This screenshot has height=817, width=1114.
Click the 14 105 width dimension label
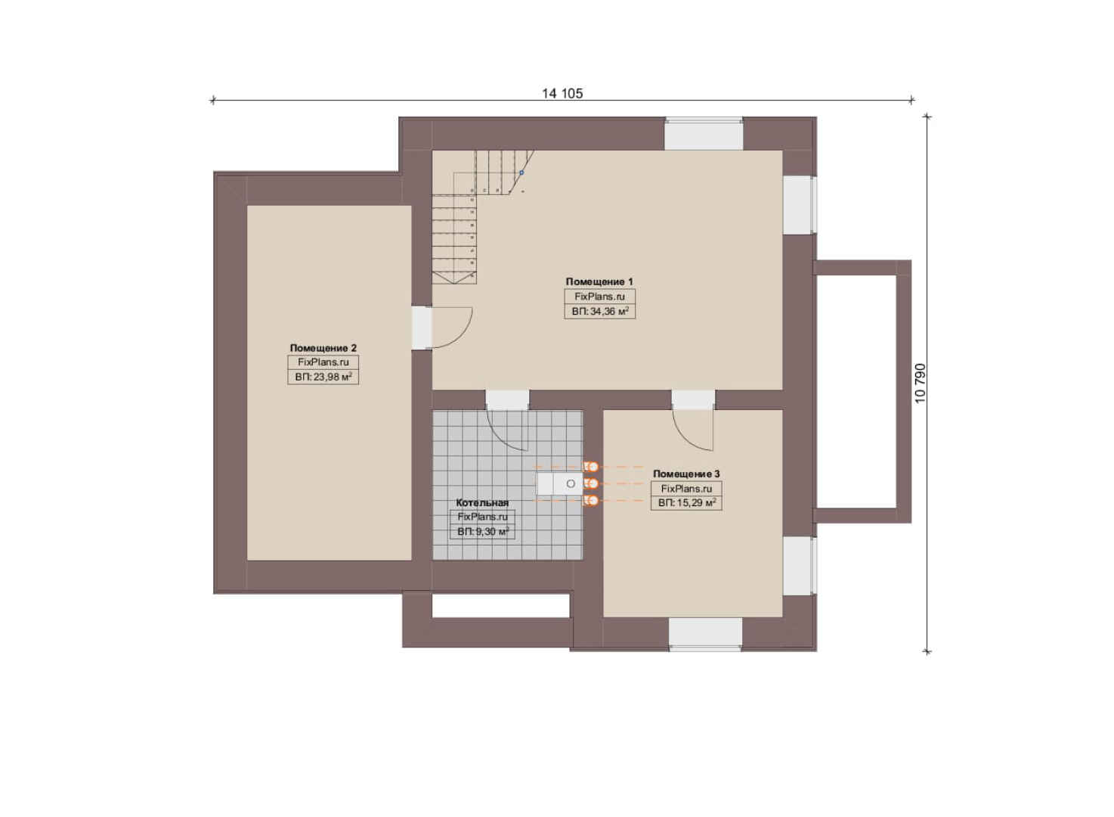[x=562, y=93]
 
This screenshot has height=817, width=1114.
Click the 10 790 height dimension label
[x=921, y=383]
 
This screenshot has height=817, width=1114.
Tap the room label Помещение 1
[x=599, y=282]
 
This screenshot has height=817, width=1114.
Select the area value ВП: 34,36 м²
[x=600, y=312]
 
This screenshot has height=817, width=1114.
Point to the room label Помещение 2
[x=323, y=348]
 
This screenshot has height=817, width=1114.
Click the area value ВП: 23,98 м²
[x=323, y=377]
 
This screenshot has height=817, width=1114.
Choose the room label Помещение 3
[x=686, y=474]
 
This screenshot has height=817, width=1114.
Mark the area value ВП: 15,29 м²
[x=687, y=503]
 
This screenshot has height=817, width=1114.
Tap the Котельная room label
[x=482, y=503]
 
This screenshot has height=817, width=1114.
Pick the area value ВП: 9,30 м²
[x=482, y=532]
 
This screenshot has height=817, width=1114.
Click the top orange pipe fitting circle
[x=593, y=467]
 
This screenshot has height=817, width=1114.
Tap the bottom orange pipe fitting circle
[x=593, y=501]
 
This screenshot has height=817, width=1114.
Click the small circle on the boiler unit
[x=571, y=484]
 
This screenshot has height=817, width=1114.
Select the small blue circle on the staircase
[x=521, y=172]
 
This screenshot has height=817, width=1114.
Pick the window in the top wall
[x=704, y=133]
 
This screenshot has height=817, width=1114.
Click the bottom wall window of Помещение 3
[x=705, y=634]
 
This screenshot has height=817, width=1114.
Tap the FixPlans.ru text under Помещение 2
[x=323, y=362]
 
